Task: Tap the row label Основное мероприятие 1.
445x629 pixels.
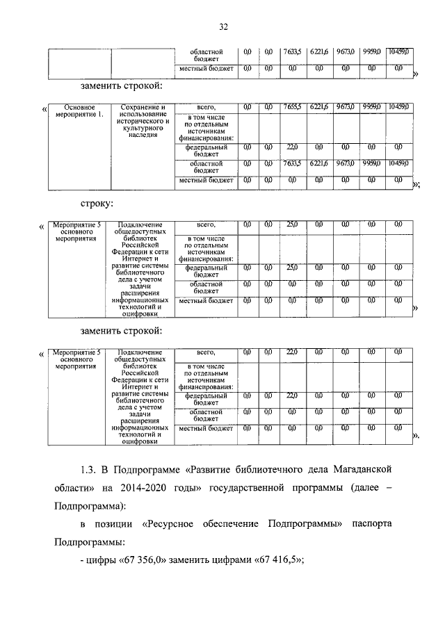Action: point(78,111)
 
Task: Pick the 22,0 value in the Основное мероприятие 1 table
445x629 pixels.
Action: point(291,147)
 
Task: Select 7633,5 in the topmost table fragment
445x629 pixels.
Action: point(291,51)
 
